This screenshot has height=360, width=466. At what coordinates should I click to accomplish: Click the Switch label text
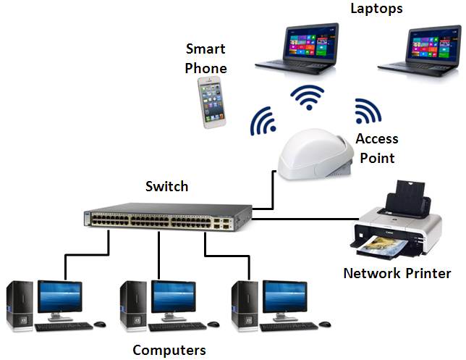166,186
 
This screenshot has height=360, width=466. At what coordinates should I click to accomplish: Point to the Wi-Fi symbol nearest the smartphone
262,122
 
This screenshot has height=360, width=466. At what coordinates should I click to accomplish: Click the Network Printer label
397,273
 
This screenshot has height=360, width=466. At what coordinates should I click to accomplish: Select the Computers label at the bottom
169,350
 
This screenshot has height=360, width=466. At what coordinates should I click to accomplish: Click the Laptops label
376,9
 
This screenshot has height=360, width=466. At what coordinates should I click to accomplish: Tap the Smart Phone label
206,59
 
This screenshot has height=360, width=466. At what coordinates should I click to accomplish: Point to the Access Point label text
376,148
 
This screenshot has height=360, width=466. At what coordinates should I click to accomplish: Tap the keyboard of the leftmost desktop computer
62,327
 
